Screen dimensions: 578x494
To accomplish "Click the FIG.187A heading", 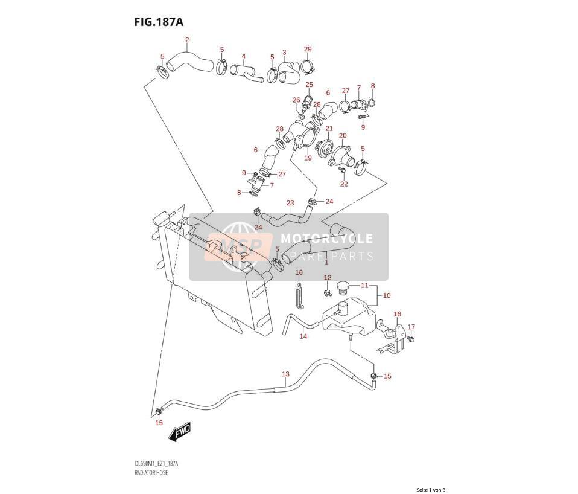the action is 159,22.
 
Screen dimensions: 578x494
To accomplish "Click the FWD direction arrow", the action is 180,431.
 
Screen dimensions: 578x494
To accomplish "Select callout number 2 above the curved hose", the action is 187,40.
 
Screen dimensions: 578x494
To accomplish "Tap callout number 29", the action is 308,49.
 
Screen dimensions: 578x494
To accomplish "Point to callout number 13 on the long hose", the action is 286,374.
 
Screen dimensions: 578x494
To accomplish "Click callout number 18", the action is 299,272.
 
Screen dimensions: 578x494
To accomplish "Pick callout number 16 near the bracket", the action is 397,314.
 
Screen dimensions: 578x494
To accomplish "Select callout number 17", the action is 411,327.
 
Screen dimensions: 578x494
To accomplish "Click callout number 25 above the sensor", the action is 309,85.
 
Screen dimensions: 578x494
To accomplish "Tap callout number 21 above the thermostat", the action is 329,129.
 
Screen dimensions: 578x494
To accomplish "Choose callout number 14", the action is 303,336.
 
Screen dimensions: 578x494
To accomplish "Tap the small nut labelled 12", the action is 326,293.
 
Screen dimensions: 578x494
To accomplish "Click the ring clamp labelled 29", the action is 307,67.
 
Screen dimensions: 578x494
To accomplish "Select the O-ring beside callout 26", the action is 301,117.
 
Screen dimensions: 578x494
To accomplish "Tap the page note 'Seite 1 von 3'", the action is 431,490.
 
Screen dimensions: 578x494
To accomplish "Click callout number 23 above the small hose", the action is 290,203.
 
